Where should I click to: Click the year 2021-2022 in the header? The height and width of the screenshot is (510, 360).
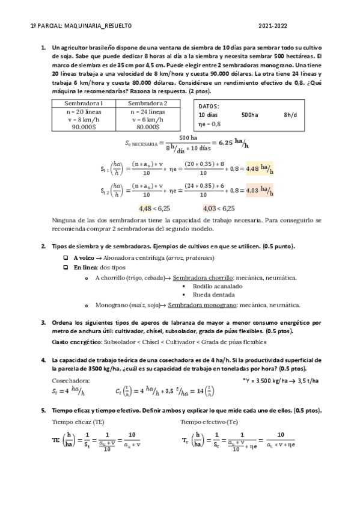pyautogui.click(x=272, y=26)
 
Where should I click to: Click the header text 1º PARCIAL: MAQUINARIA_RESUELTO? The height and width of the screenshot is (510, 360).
pyautogui.click(x=81, y=26)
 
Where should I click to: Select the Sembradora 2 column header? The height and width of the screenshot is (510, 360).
pyautogui.click(x=148, y=103)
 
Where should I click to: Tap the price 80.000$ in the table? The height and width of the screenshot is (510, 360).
pyautogui.click(x=148, y=127)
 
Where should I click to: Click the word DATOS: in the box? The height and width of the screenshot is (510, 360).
pyautogui.click(x=209, y=106)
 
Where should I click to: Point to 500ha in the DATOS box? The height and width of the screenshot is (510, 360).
pyautogui.click(x=249, y=114)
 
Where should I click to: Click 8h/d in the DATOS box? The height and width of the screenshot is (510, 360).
pyautogui.click(x=291, y=114)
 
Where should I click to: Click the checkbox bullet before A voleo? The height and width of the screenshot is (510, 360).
pyautogui.click(x=66, y=257)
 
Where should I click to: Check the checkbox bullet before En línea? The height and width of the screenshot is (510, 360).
pyautogui.click(x=66, y=267)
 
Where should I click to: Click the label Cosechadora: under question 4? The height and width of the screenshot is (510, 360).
pyautogui.click(x=72, y=380)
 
